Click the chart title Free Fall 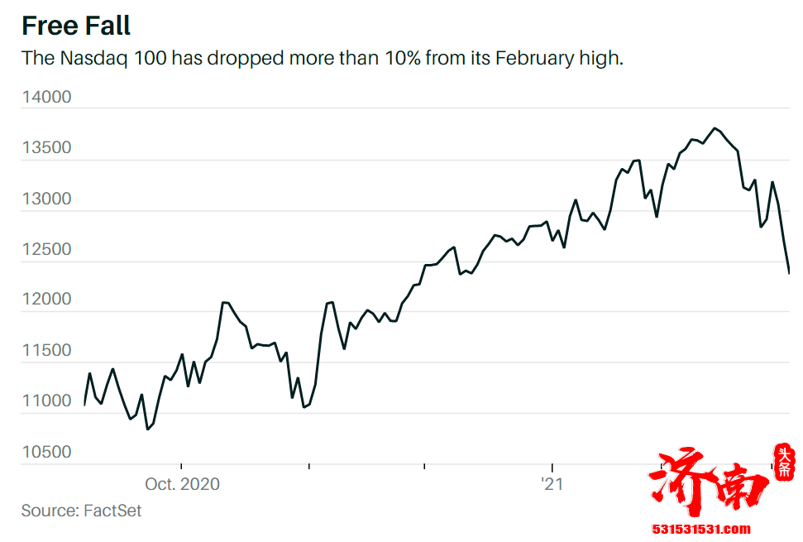(76, 26)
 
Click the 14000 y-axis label (46, 98)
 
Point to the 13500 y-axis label (46, 148)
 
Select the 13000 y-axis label (46, 199)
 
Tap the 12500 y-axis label (46, 250)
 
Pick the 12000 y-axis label (46, 300)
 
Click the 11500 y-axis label (46, 351)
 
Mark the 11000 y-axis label (46, 402)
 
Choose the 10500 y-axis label (46, 453)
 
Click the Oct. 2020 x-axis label (182, 484)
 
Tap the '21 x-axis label (552, 484)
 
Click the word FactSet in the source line (112, 511)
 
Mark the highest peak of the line (715, 128)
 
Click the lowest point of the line (147, 429)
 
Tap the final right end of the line (789, 272)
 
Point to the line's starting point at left (84, 405)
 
